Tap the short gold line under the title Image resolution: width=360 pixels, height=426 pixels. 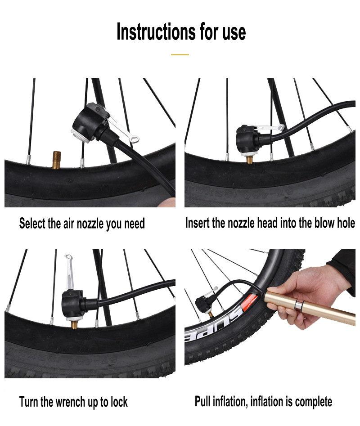tap(180, 54)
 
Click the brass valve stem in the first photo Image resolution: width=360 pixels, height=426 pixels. tap(57, 160)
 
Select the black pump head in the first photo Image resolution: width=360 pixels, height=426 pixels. tap(89, 122)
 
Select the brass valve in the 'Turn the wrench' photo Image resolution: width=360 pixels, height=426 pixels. tap(74, 324)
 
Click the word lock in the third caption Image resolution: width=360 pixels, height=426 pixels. tap(119, 402)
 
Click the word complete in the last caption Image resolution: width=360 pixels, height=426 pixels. tap(314, 402)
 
